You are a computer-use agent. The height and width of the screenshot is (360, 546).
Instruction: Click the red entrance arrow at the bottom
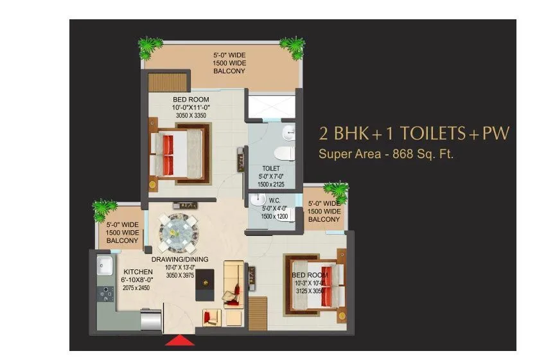point(180,340)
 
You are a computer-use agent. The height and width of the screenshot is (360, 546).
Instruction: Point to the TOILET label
point(271,168)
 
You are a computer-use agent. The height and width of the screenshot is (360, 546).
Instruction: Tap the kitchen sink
point(103,265)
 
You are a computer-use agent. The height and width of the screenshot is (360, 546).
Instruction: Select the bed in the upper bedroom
point(178,154)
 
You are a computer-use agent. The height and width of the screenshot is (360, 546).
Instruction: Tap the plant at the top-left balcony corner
point(150,46)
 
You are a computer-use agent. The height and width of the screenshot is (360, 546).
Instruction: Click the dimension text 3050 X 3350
point(190,116)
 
